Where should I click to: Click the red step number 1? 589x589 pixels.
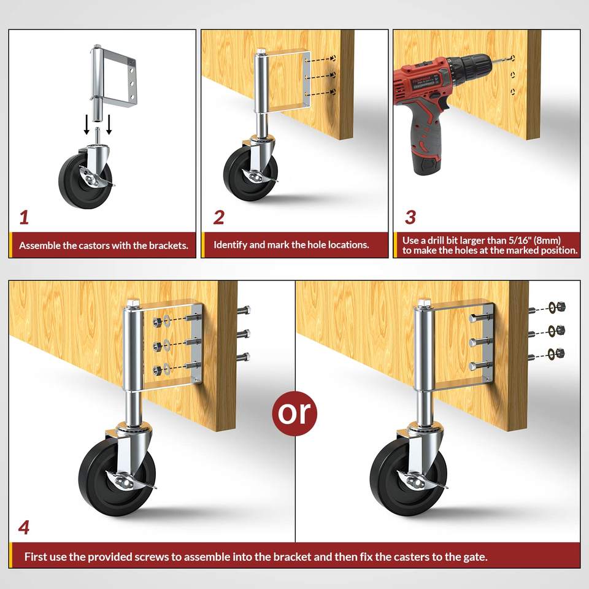[x=24, y=217]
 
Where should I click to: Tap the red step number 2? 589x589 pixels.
[x=218, y=217]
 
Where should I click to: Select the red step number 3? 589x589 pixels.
[x=410, y=217]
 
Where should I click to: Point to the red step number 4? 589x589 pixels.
[x=24, y=528]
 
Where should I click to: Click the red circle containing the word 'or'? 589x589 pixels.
[x=294, y=413]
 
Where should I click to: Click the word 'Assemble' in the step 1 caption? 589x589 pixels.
[x=40, y=245]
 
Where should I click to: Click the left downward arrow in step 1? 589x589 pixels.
[x=87, y=125]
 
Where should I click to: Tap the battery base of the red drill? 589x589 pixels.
[x=428, y=164]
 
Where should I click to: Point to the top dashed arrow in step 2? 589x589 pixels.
[x=320, y=59]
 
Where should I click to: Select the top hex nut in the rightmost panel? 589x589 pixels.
[x=560, y=307]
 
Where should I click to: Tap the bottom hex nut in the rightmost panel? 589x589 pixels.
[x=560, y=353]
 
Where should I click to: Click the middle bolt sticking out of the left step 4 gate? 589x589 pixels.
[x=243, y=334]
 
